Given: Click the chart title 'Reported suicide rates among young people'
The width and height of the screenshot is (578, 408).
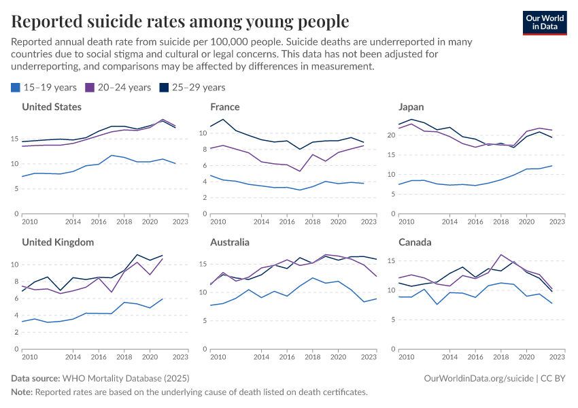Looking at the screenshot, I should click(x=180, y=22).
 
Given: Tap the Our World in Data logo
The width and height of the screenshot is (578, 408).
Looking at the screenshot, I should click(x=544, y=22).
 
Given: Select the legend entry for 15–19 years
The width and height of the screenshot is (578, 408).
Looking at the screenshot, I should click(x=44, y=87).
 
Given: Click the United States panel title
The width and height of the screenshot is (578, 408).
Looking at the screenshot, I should click(x=52, y=107).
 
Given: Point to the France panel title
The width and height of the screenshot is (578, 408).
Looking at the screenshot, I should click(x=225, y=107).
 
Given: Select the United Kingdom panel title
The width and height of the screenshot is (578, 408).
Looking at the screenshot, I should click(x=58, y=242).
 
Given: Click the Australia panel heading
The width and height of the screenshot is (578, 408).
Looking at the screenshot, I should click(x=230, y=242).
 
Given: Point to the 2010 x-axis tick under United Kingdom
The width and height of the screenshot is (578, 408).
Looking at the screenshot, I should click(x=29, y=357).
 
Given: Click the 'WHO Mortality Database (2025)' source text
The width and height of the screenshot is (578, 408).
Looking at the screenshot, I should click(x=125, y=377).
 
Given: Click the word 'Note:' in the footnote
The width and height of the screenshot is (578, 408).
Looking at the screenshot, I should click(x=22, y=392).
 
